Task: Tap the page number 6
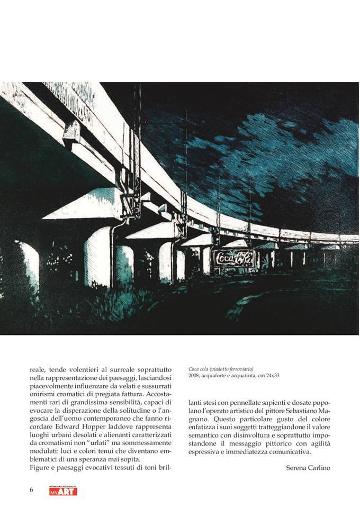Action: tap(31, 489)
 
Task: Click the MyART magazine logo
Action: tap(63, 491)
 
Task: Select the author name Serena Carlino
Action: tap(308, 468)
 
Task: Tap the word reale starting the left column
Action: tap(38, 369)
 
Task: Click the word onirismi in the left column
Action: tap(44, 394)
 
